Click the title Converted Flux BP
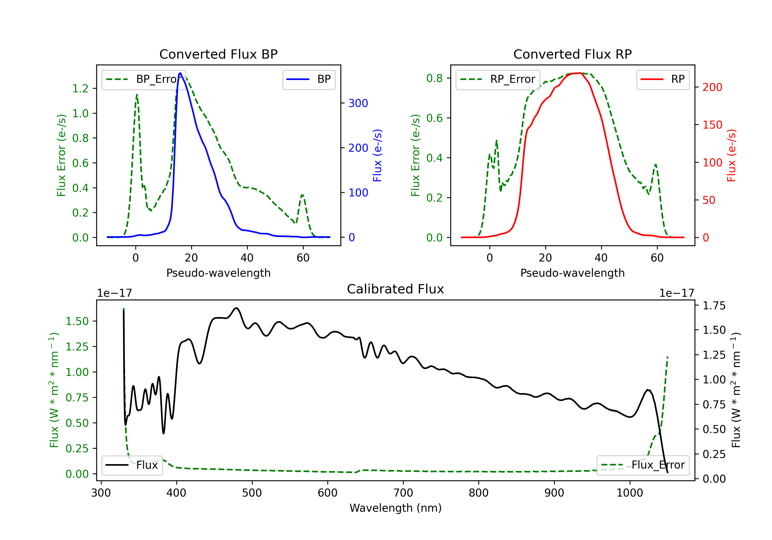218,54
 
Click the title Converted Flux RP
572,54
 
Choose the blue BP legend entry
309,79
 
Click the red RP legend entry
663,79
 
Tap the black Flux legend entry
131,465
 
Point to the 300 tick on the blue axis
358,103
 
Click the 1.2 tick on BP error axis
80,88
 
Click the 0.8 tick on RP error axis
434,78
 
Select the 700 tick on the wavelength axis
403,493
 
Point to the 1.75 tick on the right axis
714,306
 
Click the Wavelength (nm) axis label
396,508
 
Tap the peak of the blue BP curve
180,73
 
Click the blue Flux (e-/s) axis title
378,155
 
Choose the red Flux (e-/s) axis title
732,155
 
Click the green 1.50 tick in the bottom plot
77,321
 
